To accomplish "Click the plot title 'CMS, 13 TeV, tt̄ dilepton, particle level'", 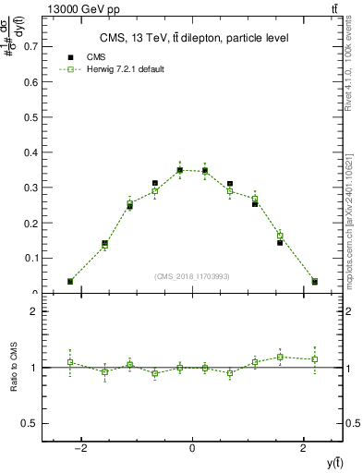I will (192, 38).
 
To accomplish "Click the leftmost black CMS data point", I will (70, 281).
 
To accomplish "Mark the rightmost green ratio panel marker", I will (314, 358).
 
